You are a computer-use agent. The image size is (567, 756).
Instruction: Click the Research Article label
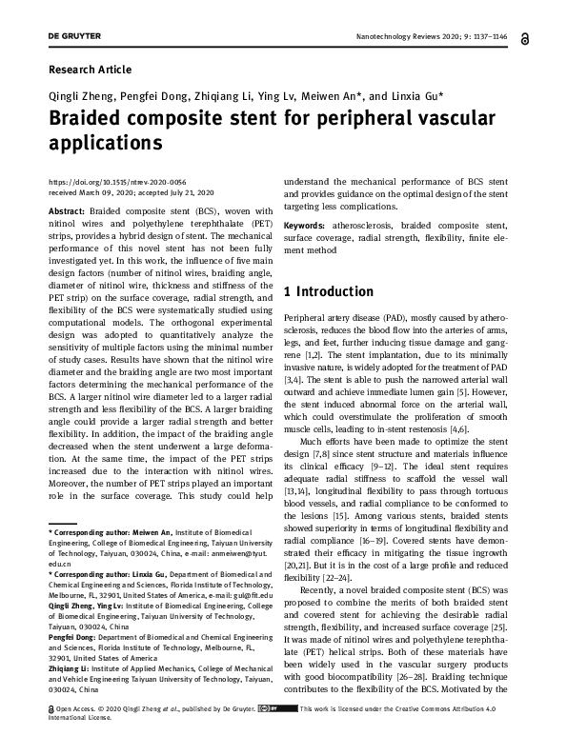coord(90,70)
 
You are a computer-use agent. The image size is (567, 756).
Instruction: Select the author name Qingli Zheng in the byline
coord(81,97)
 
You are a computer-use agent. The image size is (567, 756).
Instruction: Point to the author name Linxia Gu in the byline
coord(419,97)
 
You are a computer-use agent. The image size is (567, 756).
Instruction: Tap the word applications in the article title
coord(105,144)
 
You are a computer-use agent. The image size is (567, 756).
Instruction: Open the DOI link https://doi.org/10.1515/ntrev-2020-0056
coord(103,182)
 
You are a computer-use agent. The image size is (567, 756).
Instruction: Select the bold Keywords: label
coord(309,225)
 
